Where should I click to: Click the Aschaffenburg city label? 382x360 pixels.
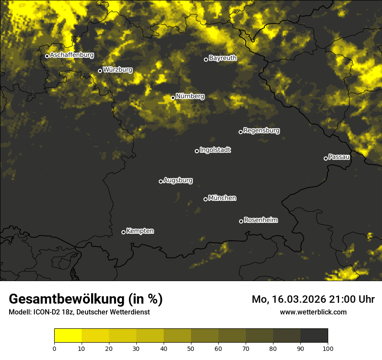72,55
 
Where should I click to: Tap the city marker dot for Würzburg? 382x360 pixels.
100,71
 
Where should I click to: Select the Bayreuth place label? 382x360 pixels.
223,58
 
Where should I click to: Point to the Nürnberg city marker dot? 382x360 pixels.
173,98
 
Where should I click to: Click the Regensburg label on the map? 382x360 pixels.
261,131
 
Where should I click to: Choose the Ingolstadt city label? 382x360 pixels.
215,150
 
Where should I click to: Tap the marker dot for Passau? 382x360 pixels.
326,158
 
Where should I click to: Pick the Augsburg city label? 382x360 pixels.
178,180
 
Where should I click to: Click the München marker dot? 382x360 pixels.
205,199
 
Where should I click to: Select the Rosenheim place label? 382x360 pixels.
260,220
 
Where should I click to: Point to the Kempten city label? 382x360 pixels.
140,231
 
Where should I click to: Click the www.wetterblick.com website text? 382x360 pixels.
313,312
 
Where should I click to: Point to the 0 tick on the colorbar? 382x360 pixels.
54,348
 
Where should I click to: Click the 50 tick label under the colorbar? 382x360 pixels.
191,348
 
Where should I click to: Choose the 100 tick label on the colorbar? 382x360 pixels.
328,348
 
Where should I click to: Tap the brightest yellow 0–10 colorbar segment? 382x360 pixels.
68,336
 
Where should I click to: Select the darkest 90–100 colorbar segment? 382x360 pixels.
314,336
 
